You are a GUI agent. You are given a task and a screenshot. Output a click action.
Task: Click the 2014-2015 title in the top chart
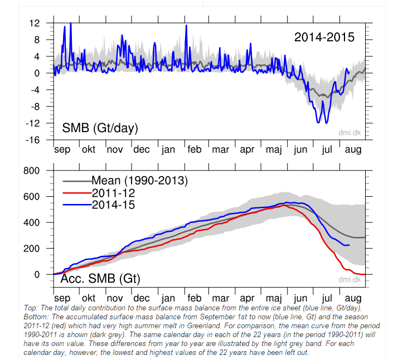[x=324, y=37]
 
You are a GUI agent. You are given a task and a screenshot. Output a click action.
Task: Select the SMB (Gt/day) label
[x=100, y=129]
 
